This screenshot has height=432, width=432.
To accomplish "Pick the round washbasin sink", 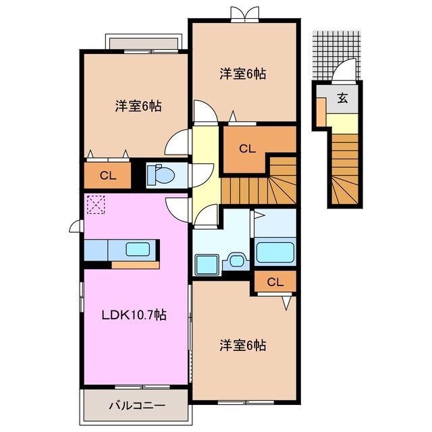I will point(236,260).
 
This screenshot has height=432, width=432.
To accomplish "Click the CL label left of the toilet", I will point(108,176).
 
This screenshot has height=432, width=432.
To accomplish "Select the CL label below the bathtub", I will point(275,281).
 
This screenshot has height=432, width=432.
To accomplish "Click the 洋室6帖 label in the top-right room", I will point(242,74).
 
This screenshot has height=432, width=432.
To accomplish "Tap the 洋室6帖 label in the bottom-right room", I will point(242,346).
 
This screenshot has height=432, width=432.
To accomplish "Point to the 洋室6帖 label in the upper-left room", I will point(137,105).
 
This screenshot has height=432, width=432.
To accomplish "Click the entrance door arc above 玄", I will point(345,70).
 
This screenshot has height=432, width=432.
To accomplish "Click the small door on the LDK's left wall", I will point(75,227).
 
